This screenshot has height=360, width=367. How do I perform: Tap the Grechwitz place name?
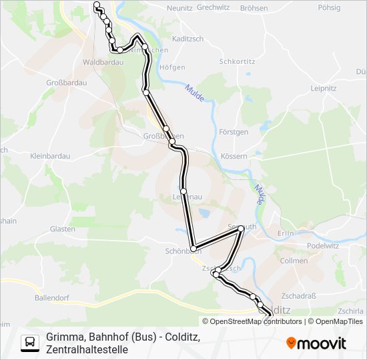coord(213,9)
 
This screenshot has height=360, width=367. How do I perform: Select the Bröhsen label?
coord(254,9)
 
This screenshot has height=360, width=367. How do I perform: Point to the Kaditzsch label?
coord(187,39)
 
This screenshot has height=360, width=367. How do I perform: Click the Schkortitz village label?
coord(238,61)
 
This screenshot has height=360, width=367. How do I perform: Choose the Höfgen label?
coord(173,67)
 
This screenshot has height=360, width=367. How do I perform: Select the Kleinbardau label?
coord(50,156)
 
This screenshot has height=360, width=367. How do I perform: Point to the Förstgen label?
coord(234,132)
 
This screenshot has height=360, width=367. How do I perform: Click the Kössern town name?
coord(234,156)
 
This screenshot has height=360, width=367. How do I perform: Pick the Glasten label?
coord(62,229)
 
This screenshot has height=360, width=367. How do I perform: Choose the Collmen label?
coord(294,261)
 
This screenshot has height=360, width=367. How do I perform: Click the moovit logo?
coord(316,343)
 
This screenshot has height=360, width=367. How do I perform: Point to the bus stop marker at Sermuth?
coord(241,229)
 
